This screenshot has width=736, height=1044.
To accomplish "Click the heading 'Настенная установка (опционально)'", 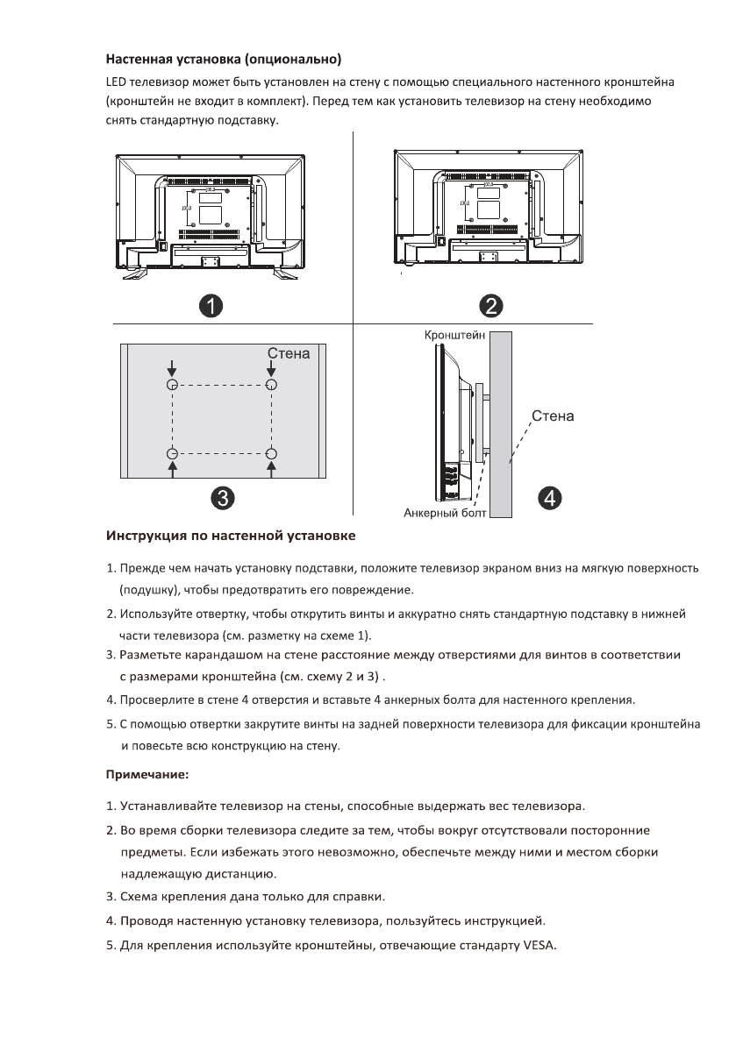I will pyautogui.click(x=223, y=60).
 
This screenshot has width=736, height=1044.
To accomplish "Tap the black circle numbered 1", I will pyautogui.click(x=209, y=305).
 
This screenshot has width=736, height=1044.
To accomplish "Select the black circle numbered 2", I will pyautogui.click(x=490, y=305).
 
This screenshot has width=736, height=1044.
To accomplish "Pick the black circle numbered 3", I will pyautogui.click(x=225, y=497).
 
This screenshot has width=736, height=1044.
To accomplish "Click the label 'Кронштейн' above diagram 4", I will pyautogui.click(x=454, y=336).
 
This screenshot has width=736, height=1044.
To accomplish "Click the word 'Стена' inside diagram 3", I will pyautogui.click(x=289, y=354).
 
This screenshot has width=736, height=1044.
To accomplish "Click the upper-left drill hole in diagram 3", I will pyautogui.click(x=173, y=385).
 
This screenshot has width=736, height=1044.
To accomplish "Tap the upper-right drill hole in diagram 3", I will pyautogui.click(x=272, y=385).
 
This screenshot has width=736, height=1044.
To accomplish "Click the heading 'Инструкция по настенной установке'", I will pyautogui.click(x=231, y=534).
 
